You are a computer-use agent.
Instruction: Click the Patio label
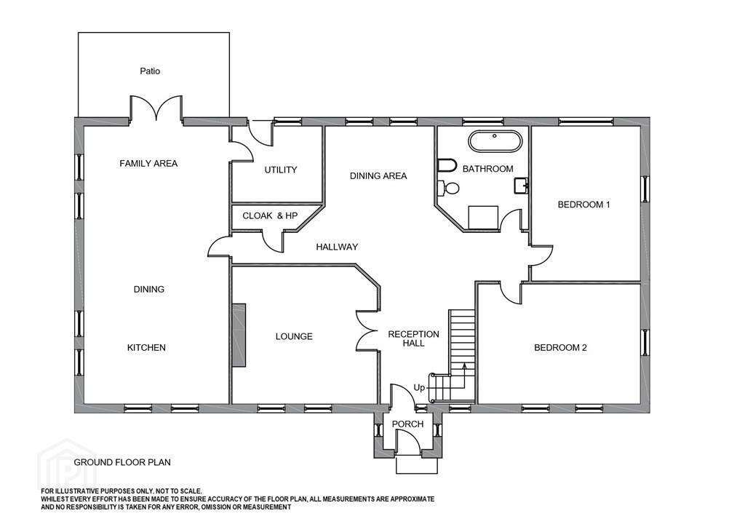pos(150,71)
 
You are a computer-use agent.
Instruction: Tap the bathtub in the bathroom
pos(495,141)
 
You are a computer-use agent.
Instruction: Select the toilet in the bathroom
pos(448,189)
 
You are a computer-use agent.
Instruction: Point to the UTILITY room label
pos(280,170)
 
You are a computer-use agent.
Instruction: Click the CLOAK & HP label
pos(270,215)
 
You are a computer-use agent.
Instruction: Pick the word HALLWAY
pos(337,247)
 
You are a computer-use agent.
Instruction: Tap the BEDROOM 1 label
pos(583,205)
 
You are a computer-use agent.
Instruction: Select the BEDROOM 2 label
pos(560,348)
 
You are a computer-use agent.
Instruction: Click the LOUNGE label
pos(294,336)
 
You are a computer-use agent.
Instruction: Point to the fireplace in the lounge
pos(239,335)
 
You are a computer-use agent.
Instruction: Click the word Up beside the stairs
pos(419,388)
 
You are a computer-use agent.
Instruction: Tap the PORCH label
pos(407,424)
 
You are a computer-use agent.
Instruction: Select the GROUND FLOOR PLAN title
pos(122,462)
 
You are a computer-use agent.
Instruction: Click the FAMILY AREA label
pos(148,164)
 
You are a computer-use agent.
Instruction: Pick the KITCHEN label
pos(146,348)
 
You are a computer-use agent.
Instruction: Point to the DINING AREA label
pos(378,176)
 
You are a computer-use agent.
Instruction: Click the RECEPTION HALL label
pos(413,338)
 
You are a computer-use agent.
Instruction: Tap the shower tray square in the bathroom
pos(483,218)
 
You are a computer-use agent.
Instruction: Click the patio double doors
pos(156,108)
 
